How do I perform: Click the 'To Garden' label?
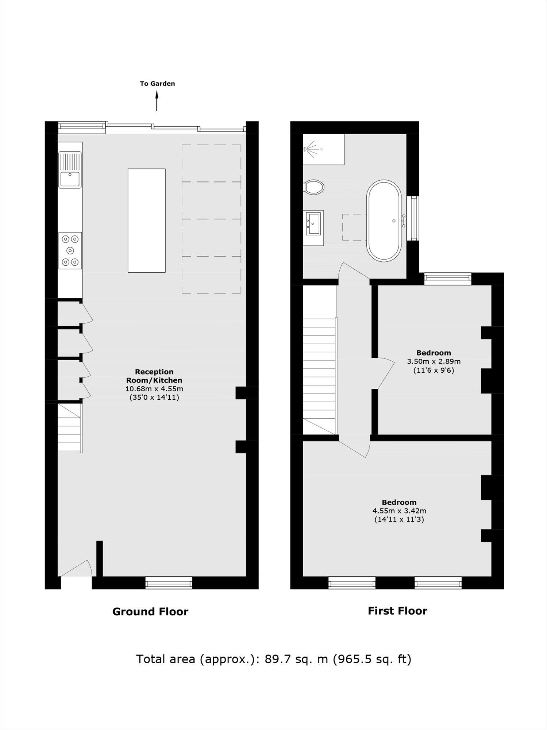157,84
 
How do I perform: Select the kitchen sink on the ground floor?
70,170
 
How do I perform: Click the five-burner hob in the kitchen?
70,250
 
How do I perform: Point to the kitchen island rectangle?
146,220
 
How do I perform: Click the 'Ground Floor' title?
150,612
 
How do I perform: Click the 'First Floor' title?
397,611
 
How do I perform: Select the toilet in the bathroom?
314,187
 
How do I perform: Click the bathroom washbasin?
313,224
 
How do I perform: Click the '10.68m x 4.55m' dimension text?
154,389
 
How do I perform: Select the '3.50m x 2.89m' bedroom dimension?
434,362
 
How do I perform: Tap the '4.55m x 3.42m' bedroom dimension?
399,511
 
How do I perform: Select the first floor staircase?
319,376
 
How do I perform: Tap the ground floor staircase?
69,428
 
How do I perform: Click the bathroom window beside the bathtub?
413,218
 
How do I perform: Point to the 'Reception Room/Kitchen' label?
154,376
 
